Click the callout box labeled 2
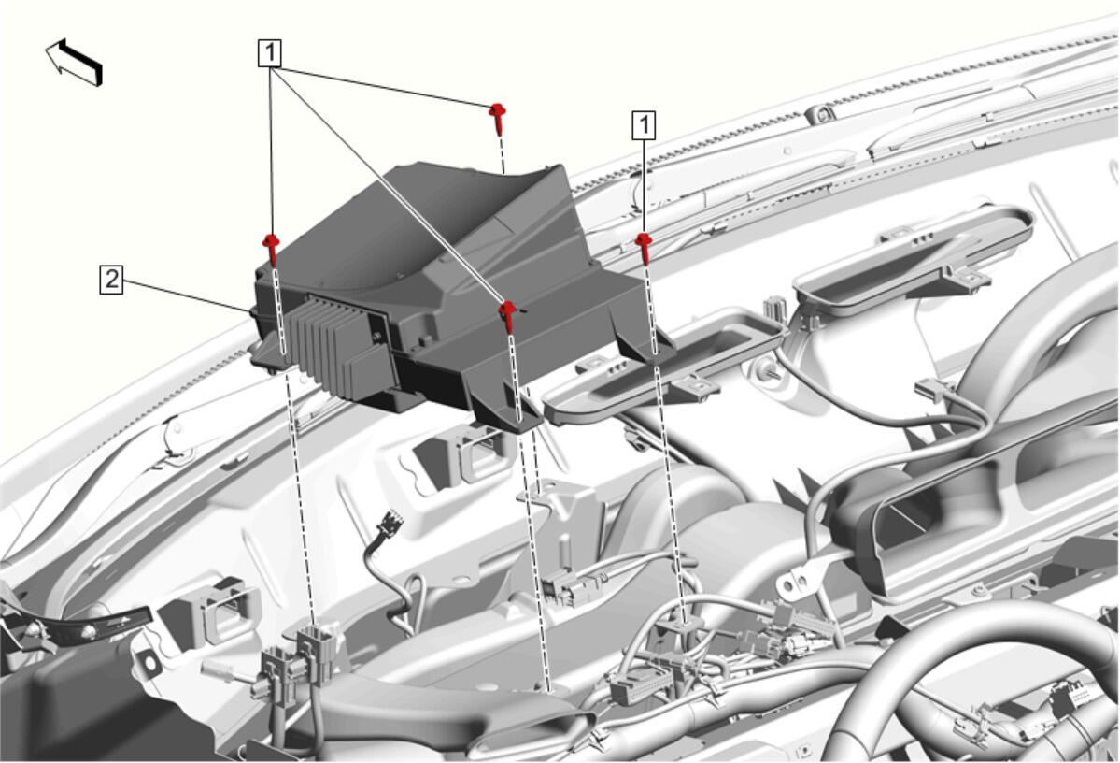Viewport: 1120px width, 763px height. click(x=111, y=280)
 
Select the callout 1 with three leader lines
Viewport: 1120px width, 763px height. click(x=270, y=53)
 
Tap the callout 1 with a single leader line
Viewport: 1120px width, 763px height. click(x=645, y=125)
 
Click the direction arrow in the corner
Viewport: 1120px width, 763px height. click(x=75, y=63)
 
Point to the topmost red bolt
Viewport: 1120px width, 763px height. click(x=499, y=117)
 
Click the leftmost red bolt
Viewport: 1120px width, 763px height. click(x=272, y=249)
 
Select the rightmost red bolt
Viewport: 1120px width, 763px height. click(x=645, y=247)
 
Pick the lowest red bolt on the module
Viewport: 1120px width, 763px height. click(x=508, y=314)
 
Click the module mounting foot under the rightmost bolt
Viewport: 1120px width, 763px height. click(x=646, y=348)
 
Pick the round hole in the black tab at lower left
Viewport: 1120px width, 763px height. click(x=150, y=662)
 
